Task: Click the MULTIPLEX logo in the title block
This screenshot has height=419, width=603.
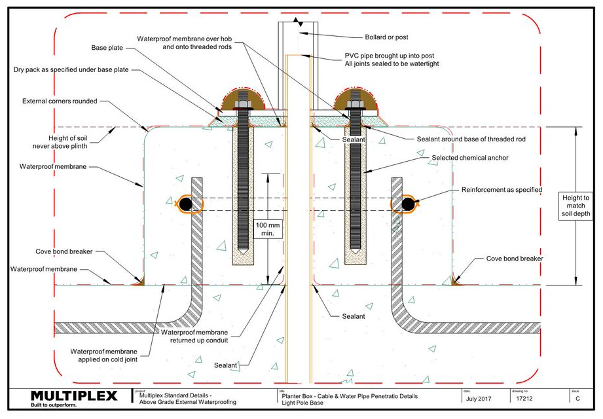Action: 74,399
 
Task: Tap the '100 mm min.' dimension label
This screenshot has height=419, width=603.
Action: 268,228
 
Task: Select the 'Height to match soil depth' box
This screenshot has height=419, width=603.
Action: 576,206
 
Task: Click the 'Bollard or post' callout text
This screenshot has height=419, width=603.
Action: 386,37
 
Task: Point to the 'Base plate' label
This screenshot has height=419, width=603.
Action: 107,48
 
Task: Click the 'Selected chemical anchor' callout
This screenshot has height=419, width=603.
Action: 470,158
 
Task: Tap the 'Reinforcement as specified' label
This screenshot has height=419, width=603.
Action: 502,190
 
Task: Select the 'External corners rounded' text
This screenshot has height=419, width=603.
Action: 60,101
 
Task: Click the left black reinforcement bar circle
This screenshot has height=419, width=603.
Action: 186,204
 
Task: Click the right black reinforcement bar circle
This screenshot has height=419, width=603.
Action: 408,204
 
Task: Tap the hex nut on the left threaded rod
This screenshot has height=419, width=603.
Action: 242,104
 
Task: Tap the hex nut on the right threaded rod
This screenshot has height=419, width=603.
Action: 355,104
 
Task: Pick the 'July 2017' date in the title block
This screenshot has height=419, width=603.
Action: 479,399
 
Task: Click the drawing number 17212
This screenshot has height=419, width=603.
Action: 524,399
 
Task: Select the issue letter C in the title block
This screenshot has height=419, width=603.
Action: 577,399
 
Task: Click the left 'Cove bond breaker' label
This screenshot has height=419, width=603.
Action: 64,251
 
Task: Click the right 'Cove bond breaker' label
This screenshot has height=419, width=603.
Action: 515,259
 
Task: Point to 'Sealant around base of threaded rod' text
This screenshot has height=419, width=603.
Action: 471,139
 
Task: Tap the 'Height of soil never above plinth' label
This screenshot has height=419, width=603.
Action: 60,142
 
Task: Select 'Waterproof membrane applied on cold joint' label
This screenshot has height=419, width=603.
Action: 104,355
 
